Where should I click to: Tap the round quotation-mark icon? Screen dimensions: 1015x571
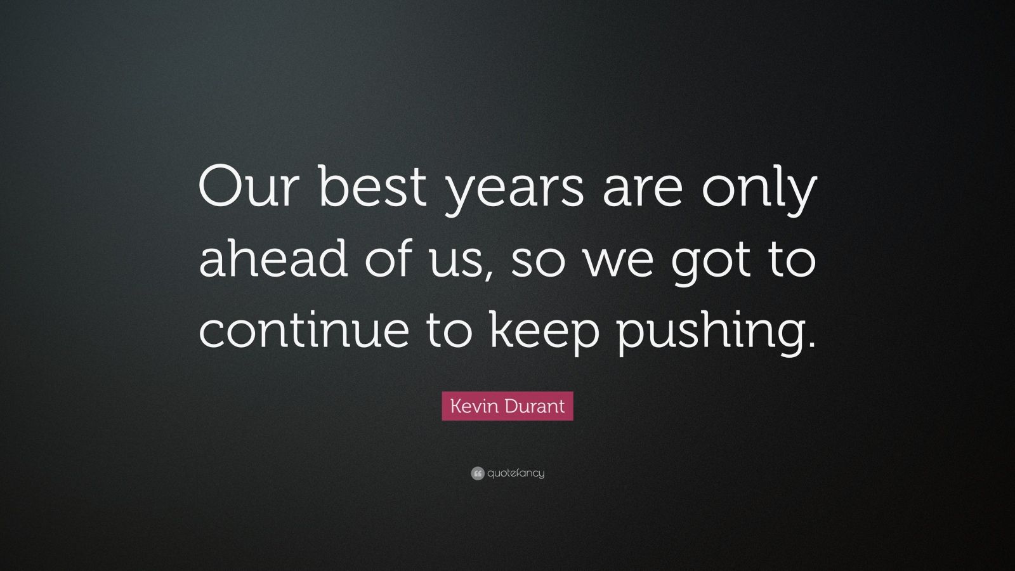pyautogui.click(x=478, y=473)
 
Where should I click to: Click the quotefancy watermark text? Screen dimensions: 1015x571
pyautogui.click(x=516, y=473)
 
